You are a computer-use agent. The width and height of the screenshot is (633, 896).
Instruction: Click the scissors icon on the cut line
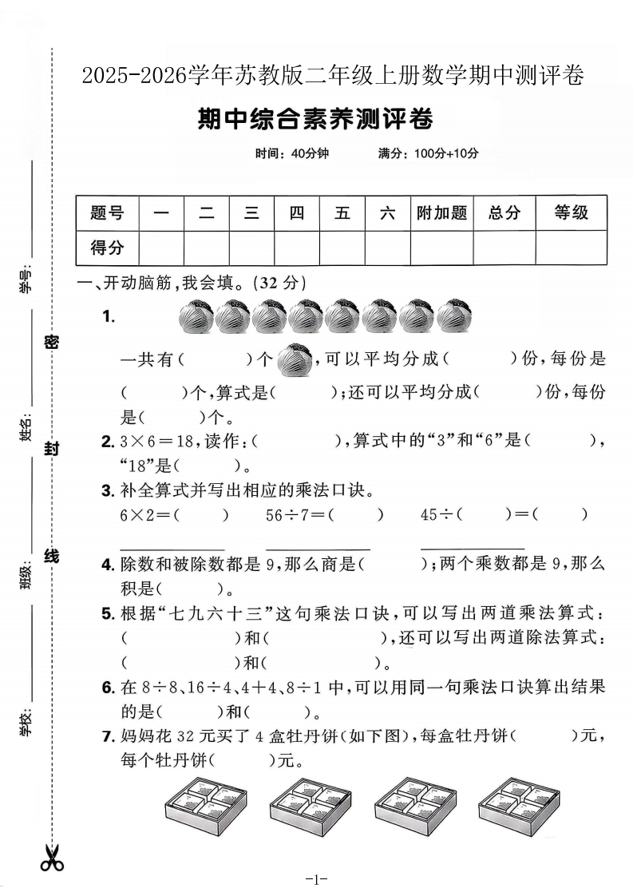(52, 858)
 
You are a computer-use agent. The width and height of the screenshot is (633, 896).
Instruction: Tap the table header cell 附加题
(441, 212)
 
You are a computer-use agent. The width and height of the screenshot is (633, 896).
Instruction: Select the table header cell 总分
(504, 212)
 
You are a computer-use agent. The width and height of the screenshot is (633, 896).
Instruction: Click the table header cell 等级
(571, 212)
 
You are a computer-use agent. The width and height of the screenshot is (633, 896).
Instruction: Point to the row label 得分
(107, 248)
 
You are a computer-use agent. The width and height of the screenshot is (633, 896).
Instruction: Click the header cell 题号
(107, 212)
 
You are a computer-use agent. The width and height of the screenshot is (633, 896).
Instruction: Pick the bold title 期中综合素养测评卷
(315, 120)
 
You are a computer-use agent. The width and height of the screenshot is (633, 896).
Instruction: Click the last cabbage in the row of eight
(453, 316)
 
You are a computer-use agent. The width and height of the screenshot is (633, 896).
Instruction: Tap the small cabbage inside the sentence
(295, 359)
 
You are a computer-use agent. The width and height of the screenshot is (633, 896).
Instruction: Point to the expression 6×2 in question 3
(140, 515)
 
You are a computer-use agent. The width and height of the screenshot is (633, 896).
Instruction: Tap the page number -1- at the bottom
(317, 880)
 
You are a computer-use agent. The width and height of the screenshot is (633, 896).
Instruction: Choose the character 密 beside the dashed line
(52, 342)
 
